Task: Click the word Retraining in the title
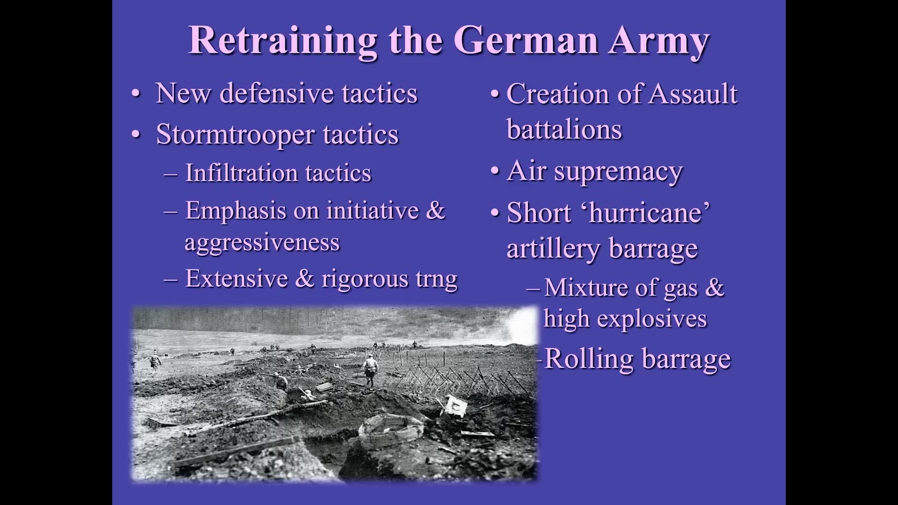click(282, 40)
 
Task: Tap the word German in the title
click(526, 40)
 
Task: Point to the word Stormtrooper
click(235, 135)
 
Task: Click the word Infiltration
click(241, 173)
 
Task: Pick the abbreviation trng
click(436, 279)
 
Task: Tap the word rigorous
click(365, 279)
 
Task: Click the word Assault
click(693, 94)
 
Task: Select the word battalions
click(564, 130)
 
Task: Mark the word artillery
click(553, 248)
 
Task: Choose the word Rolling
click(589, 359)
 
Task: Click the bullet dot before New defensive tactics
click(136, 94)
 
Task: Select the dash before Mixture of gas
click(533, 288)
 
